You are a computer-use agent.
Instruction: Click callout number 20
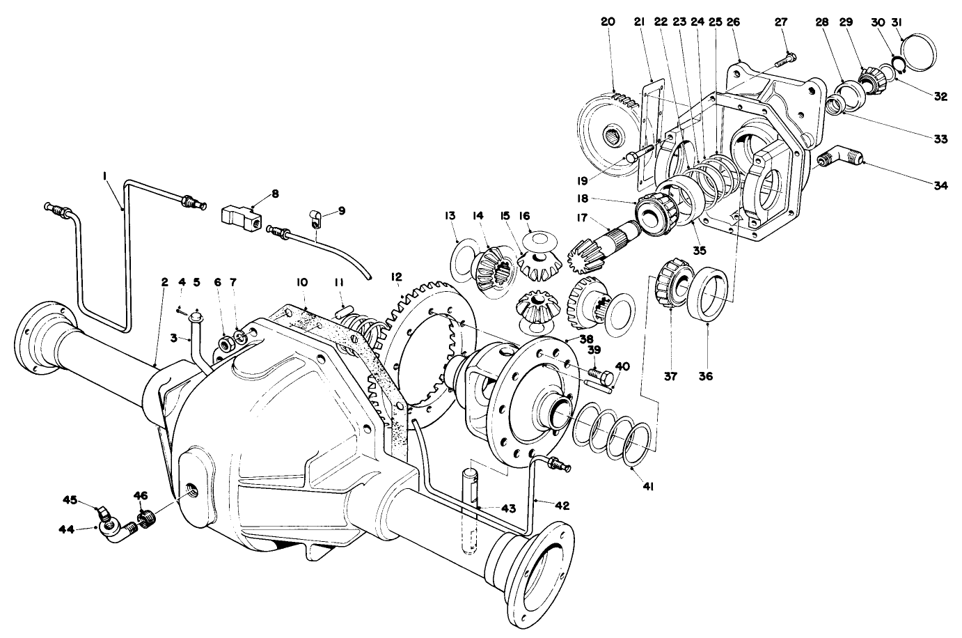coord(608,22)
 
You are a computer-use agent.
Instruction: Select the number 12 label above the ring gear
coord(396,277)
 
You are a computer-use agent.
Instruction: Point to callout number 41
coord(648,486)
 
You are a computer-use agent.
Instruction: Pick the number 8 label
coord(275,194)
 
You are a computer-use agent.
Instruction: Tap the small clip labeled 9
coord(315,221)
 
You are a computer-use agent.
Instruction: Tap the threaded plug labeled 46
coord(146,519)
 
